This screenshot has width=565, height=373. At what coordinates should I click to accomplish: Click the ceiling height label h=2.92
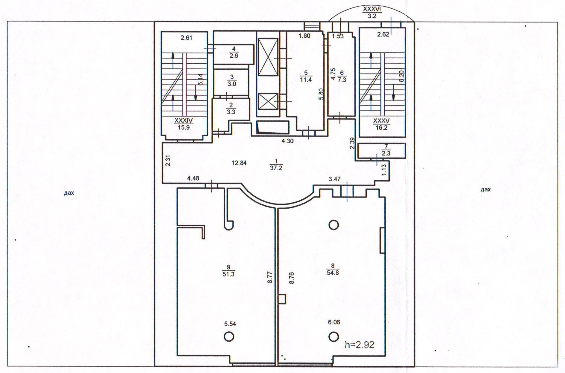tap(360, 345)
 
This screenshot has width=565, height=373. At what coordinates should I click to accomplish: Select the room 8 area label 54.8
tap(333, 273)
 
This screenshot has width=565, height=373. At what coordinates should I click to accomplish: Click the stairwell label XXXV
tap(381, 121)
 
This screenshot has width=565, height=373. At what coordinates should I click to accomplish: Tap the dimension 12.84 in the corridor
tap(239, 163)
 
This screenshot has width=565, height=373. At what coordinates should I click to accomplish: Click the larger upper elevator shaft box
tap(268, 57)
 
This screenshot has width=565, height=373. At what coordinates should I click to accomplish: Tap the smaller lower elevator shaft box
tap(268, 102)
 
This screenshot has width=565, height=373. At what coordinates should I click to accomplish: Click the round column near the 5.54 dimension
tap(229, 337)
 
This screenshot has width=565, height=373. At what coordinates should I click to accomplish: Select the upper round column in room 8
tap(333, 224)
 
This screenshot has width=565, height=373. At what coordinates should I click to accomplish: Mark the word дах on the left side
tap(69, 193)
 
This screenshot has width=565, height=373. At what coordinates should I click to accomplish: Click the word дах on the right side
tap(485, 189)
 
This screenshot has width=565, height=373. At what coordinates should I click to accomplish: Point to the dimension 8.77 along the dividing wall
tap(270, 277)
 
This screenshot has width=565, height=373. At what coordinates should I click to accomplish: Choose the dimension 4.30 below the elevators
tap(287, 141)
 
